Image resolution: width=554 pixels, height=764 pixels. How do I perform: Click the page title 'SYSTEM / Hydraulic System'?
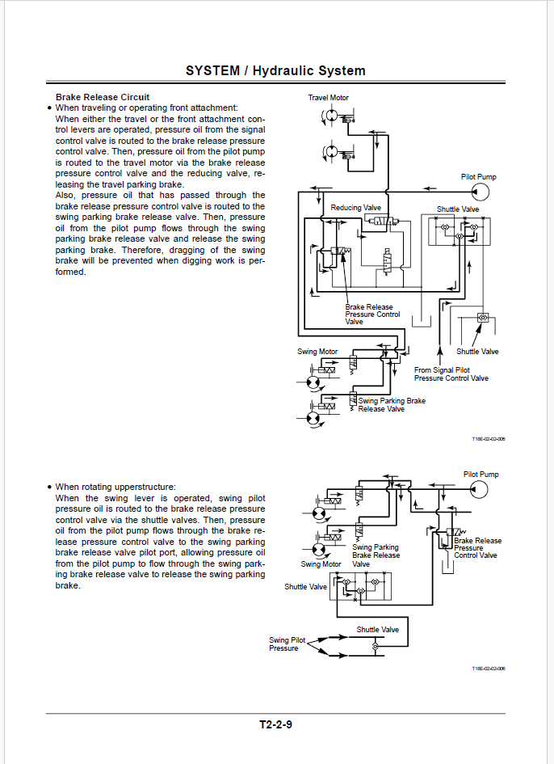[x=275, y=70]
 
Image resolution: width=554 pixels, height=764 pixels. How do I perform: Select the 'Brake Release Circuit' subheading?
[x=103, y=97]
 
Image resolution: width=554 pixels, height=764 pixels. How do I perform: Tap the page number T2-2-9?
[x=275, y=724]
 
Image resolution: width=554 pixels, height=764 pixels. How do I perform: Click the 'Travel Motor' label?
[x=328, y=98]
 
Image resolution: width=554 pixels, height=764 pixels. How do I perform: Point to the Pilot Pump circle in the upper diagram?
[x=481, y=192]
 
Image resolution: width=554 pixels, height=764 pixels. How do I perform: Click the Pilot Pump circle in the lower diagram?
[x=480, y=488]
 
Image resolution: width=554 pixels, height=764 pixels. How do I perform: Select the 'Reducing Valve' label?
[x=356, y=208]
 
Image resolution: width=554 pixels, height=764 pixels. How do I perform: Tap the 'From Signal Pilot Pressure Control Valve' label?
[x=451, y=374]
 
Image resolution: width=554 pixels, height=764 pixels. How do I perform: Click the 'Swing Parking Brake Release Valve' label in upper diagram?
[x=392, y=405]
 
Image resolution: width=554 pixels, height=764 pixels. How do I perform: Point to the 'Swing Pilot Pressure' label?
[x=287, y=644]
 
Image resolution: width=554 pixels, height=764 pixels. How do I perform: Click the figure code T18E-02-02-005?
[x=489, y=439]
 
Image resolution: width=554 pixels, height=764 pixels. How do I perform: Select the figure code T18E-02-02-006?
[x=489, y=669]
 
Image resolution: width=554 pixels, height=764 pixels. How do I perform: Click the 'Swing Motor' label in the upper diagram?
[x=317, y=352]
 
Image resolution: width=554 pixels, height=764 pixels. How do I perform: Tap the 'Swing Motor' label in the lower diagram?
[x=321, y=564]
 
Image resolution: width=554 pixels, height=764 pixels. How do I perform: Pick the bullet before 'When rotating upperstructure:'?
[x=49, y=487]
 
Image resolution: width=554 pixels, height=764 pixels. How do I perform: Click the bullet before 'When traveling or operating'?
[x=49, y=108]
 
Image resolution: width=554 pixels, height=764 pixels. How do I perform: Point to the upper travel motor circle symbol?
[x=330, y=116]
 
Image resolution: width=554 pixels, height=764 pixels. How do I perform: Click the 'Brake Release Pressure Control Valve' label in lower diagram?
[x=477, y=548]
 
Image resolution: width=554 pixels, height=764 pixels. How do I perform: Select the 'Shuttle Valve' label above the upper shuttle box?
[x=458, y=209]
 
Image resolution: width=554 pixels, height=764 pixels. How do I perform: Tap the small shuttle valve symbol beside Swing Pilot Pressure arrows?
[x=375, y=646]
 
